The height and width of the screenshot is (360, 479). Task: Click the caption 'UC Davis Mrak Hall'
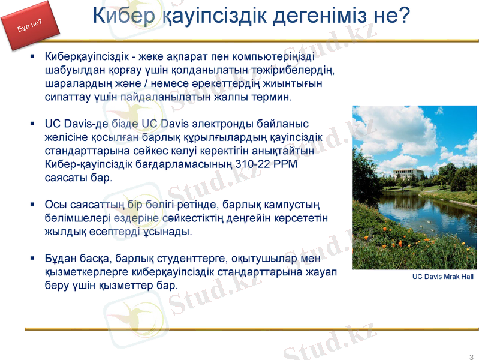(x=443, y=277)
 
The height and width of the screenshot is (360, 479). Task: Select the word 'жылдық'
(x=63, y=231)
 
